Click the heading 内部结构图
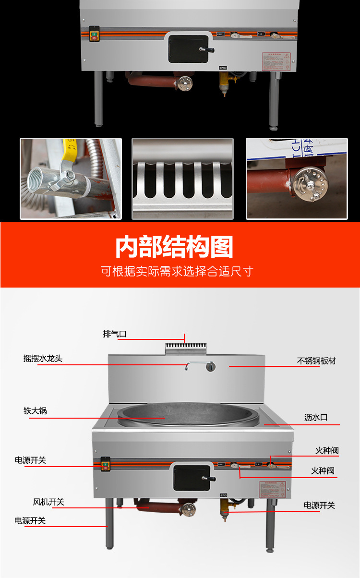174,247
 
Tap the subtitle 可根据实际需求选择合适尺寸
177,271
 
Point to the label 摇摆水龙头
43,359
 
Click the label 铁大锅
35,411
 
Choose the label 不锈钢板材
316,361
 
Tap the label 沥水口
315,418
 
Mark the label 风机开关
48,502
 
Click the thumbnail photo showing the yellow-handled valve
71,179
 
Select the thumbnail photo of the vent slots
182,179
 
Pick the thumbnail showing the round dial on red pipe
296,179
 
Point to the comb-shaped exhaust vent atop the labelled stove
185,346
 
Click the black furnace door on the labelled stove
192,477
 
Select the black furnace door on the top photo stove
189,48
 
